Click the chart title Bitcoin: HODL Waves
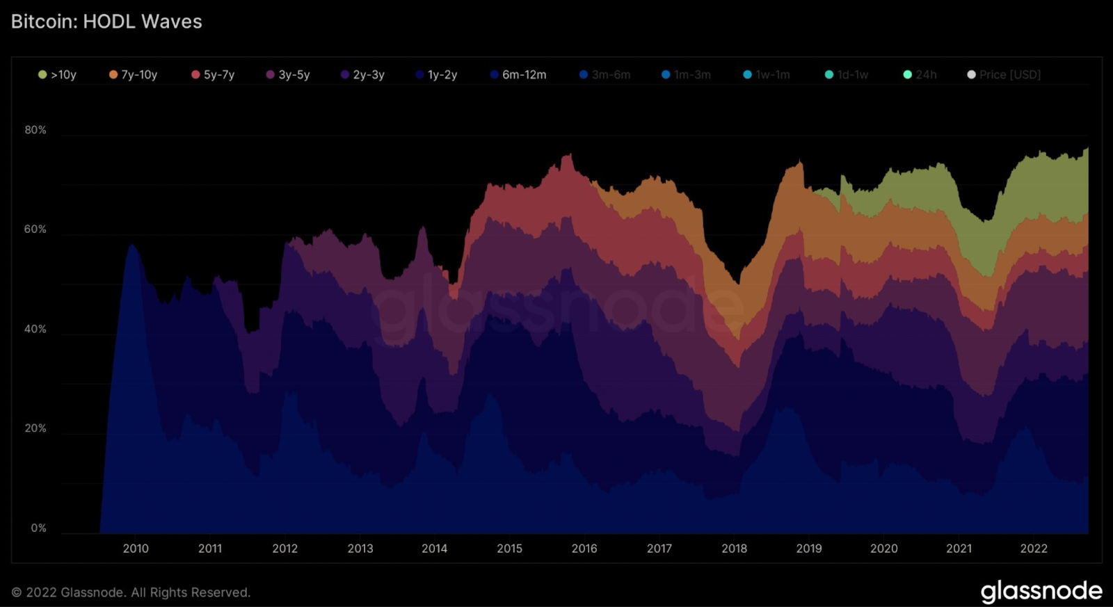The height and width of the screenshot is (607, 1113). coord(106,22)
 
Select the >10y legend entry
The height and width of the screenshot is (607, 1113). coord(58,74)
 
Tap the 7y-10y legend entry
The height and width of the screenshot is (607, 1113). coord(134,74)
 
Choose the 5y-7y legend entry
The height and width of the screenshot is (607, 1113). coord(214,74)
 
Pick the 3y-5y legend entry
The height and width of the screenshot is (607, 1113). coord(289,74)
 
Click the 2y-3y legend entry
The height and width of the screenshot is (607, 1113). coord(363,74)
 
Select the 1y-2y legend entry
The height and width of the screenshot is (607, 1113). coord(437,74)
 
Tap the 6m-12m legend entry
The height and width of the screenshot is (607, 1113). coord(519,74)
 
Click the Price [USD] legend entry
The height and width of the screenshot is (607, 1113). coord(1004,74)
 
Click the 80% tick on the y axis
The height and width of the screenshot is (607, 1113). coord(35,130)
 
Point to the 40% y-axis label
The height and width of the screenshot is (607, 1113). coord(35,329)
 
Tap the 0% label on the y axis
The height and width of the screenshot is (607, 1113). coord(39,528)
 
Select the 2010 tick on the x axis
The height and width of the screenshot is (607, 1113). coord(136,549)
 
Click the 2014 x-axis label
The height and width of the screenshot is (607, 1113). coord(435,549)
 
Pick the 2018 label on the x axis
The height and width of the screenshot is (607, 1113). coord(734,549)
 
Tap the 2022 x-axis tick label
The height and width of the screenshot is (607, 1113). coord(1034,549)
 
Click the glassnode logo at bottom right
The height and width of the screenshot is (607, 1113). coord(1041,592)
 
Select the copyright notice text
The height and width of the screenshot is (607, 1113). coord(131,592)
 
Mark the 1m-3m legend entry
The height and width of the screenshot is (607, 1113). coord(687,74)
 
